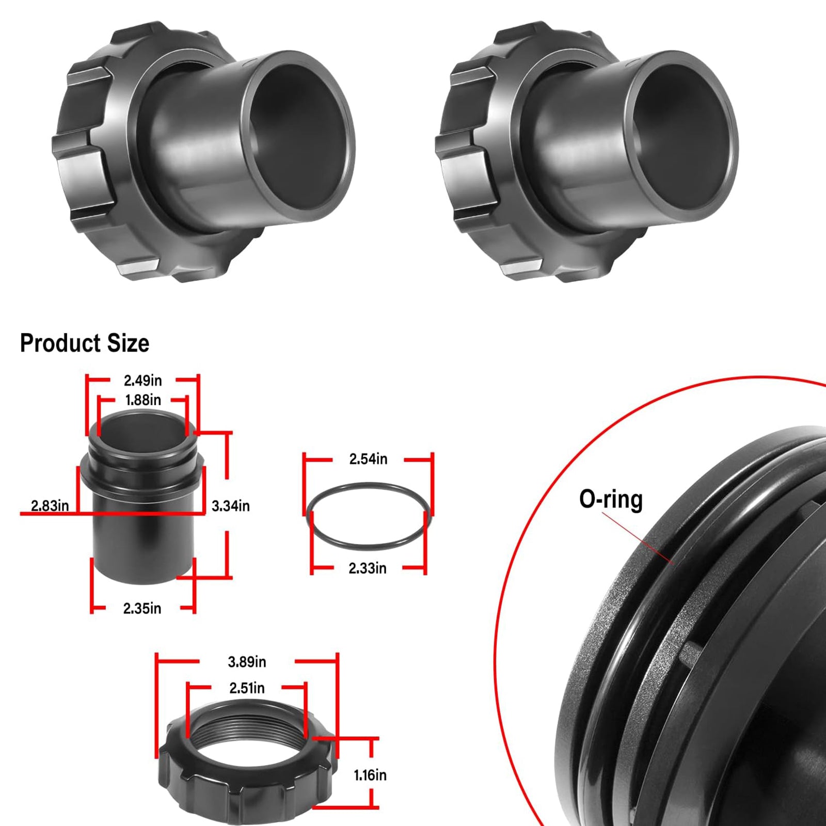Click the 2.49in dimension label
pyautogui.click(x=142, y=381)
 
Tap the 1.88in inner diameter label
pyautogui.click(x=143, y=400)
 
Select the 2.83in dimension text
pyautogui.click(x=50, y=505)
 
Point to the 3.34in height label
pyautogui.click(x=230, y=506)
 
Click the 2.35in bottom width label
pyautogui.click(x=142, y=608)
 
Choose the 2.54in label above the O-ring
pyautogui.click(x=368, y=459)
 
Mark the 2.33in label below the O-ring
pyautogui.click(x=367, y=568)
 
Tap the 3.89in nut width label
pyautogui.click(x=247, y=662)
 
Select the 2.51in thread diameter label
pyautogui.click(x=247, y=688)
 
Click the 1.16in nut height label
pyautogui.click(x=370, y=775)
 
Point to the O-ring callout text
pyautogui.click(x=611, y=499)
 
